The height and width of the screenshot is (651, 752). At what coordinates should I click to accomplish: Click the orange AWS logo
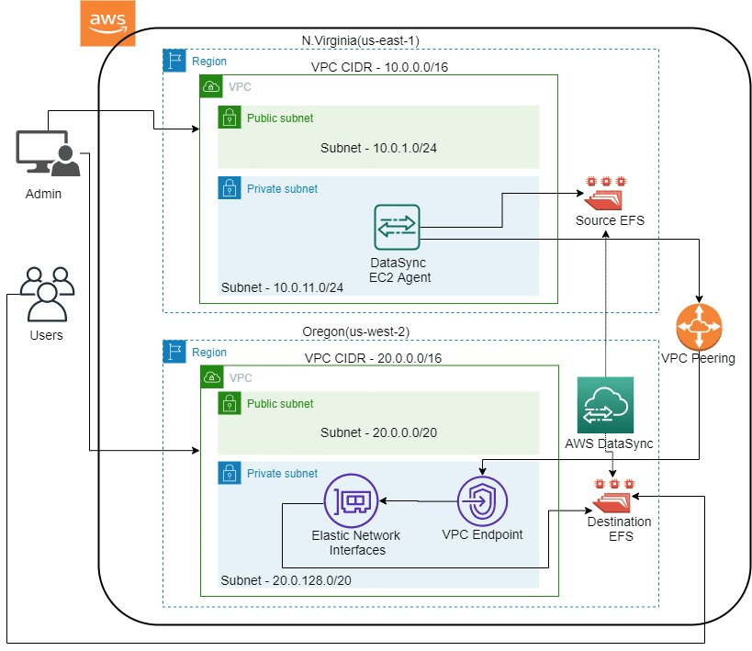tap(107, 23)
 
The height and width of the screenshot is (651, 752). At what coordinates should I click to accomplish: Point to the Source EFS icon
tap(607, 194)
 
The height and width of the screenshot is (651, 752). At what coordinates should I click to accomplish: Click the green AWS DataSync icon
tap(604, 405)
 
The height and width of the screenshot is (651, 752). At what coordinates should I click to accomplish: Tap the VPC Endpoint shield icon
tap(482, 501)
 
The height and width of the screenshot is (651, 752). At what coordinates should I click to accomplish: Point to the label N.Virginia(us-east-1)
tap(361, 40)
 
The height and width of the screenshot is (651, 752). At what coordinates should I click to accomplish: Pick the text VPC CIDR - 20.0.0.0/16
tap(372, 359)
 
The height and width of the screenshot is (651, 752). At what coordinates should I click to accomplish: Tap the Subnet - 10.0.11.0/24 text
tap(282, 288)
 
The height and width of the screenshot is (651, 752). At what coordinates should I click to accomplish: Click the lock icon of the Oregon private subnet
tap(229, 473)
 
